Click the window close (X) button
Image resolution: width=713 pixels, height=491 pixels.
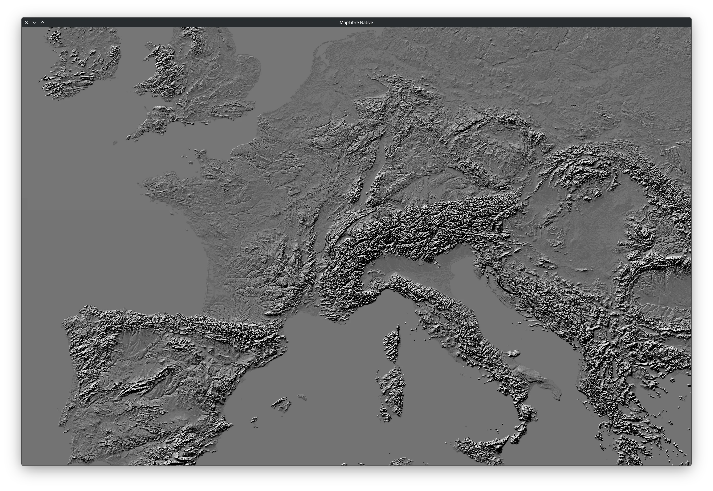[x=26, y=22]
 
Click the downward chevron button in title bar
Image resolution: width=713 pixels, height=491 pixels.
[x=35, y=22]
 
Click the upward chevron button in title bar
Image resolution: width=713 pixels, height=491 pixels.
[x=43, y=22]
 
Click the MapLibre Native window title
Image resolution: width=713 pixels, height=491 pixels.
[x=356, y=22]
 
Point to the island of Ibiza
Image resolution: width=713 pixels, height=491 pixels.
[x=255, y=419]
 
